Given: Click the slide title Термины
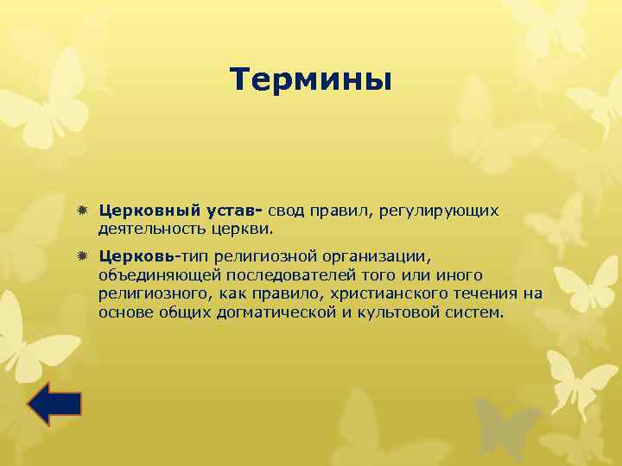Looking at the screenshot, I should pyautogui.click(x=311, y=80).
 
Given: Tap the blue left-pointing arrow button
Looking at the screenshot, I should pyautogui.click(x=54, y=404).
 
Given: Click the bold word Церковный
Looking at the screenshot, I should pyautogui.click(x=148, y=211).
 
